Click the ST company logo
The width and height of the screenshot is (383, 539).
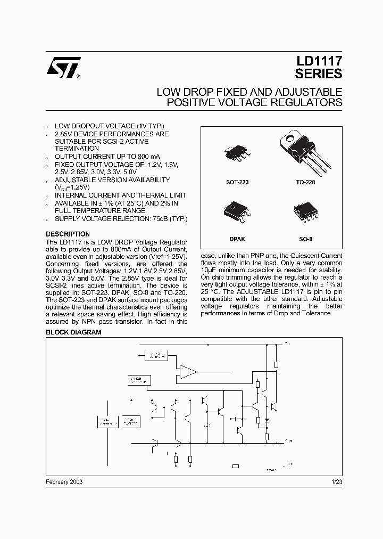63,68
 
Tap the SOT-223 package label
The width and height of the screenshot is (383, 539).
237,182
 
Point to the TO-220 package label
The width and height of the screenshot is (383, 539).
305,182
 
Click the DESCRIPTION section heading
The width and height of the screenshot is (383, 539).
68,234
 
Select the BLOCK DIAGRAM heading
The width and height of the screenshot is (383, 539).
73,332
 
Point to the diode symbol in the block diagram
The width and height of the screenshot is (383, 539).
267,420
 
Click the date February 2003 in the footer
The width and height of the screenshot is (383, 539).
64,481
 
